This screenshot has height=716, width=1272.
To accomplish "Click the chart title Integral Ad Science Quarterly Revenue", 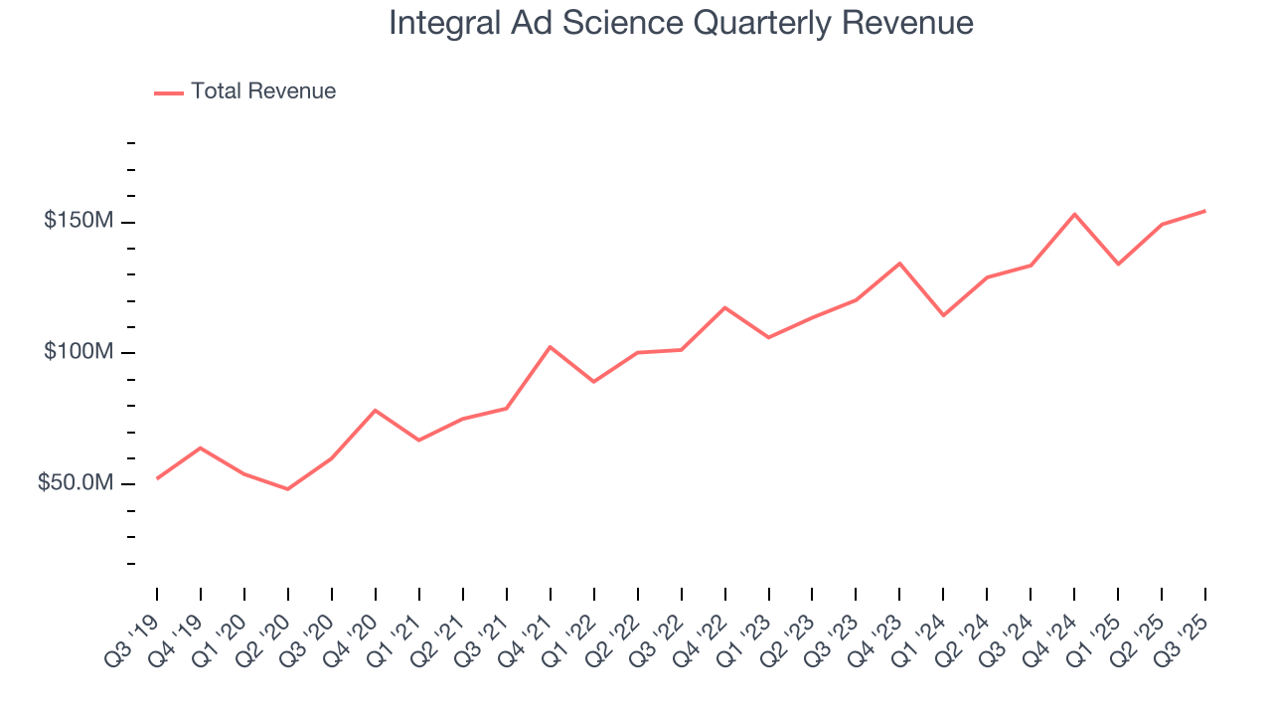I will [681, 23].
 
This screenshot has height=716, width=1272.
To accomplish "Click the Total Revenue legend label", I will [263, 91].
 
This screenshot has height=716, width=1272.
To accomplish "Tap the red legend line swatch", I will [169, 92].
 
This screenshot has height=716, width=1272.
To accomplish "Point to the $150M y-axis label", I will [79, 221].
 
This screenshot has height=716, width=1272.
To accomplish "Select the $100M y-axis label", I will [79, 352].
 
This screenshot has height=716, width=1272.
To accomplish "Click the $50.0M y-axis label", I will [76, 483].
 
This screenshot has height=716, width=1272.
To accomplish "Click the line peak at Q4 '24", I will [1074, 214].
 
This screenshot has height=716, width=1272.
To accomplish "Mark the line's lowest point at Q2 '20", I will [288, 489].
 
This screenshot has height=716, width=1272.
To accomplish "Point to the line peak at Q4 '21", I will [550, 346].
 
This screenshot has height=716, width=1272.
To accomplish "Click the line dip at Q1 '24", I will [943, 315].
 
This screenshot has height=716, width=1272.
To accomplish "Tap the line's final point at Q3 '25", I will [1205, 211].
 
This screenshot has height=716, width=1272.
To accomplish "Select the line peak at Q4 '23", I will [899, 264].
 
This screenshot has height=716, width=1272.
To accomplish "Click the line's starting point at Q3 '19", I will [157, 478].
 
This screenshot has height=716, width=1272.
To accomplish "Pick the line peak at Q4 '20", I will [375, 410].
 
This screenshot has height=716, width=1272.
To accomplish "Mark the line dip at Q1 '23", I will [768, 338].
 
